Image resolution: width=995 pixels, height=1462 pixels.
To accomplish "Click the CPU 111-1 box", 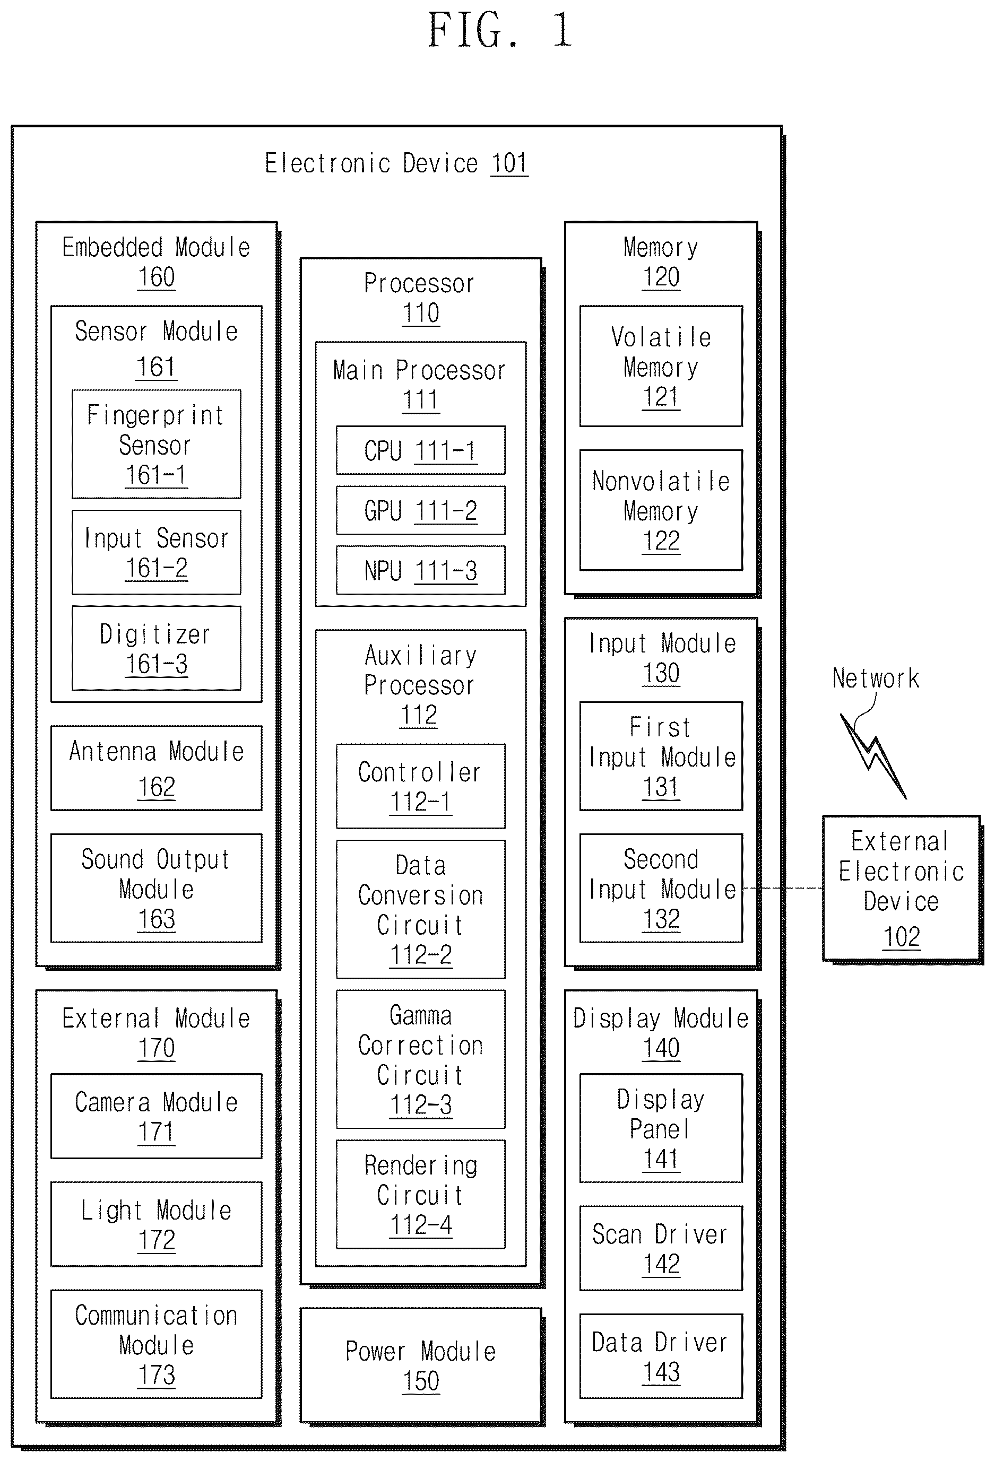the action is pos(420,450).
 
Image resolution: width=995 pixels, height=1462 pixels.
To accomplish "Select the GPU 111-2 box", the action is pos(420,510).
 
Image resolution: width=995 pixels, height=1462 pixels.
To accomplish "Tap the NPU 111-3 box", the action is pos(420,570).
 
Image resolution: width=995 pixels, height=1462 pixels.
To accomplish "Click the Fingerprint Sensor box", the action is pos(156,444).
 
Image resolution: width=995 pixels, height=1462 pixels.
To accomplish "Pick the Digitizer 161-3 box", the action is pos(156,648).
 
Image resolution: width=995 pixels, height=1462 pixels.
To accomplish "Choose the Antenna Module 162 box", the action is pos(156,768).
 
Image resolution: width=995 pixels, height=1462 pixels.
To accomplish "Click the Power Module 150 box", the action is pos(420,1366).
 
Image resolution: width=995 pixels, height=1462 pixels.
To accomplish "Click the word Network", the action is pos(876,678).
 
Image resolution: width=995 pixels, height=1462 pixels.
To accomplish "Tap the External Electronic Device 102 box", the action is pos(901,887).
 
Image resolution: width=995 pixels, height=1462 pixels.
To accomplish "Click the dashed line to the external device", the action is pos(782,888).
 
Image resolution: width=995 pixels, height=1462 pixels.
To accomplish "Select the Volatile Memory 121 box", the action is pos(661,366).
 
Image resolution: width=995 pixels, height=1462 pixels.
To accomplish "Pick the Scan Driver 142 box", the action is pos(661,1248).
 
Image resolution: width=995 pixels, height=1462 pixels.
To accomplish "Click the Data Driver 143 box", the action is pos(661,1356).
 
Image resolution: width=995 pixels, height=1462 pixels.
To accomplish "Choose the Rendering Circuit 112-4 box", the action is pos(420,1194).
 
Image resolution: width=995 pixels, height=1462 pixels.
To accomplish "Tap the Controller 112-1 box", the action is pos(420,786).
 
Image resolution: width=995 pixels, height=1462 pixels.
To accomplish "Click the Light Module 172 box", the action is pos(156,1224).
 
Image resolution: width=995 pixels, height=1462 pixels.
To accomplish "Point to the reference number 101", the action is pos(509,163).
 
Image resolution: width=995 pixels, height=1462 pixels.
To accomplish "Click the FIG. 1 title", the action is pos(500,30).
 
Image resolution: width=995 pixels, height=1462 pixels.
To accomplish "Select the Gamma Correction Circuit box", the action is pos(420,1059).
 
